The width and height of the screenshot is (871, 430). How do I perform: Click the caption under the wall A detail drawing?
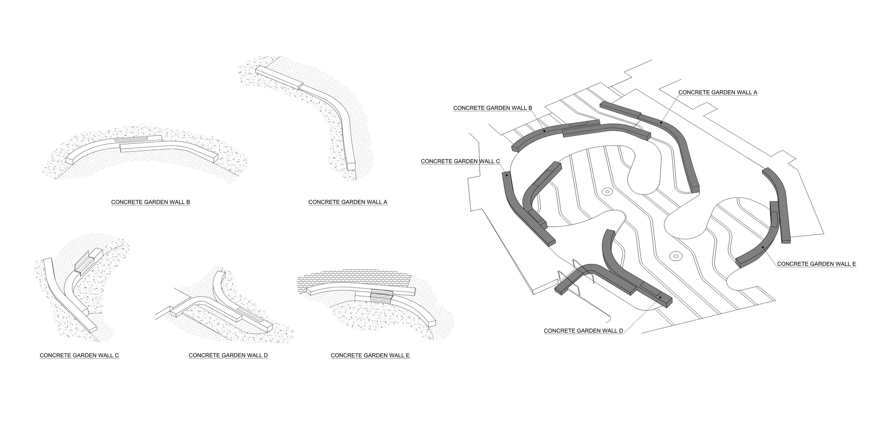click(348, 202)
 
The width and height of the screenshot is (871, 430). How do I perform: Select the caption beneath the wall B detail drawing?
click(151, 202)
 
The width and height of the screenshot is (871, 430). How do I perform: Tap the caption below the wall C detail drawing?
click(79, 355)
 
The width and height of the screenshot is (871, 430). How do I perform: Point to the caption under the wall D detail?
click(228, 355)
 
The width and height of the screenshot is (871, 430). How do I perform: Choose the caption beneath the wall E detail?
click(370, 355)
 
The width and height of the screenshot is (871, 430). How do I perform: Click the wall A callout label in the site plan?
click(718, 92)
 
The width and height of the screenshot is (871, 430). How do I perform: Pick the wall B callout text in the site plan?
click(493, 108)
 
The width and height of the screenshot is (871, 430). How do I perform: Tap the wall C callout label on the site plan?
click(460, 161)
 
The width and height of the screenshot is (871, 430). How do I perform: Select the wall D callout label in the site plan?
click(583, 331)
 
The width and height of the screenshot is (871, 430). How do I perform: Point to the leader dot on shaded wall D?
click(660, 297)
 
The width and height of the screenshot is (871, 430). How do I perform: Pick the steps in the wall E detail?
click(381, 296)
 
